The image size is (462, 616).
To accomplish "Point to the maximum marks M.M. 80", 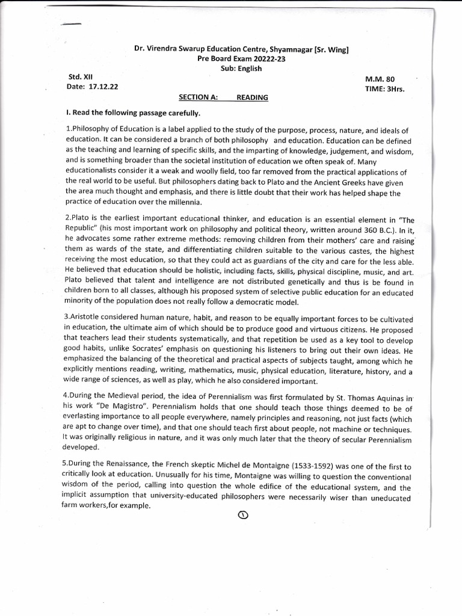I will pyautogui.click(x=380, y=79).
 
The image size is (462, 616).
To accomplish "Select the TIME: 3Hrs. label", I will pyautogui.click(x=384, y=89).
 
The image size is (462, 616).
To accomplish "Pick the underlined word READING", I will pyautogui.click(x=252, y=97).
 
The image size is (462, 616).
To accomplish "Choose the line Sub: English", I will pyautogui.click(x=241, y=68).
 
